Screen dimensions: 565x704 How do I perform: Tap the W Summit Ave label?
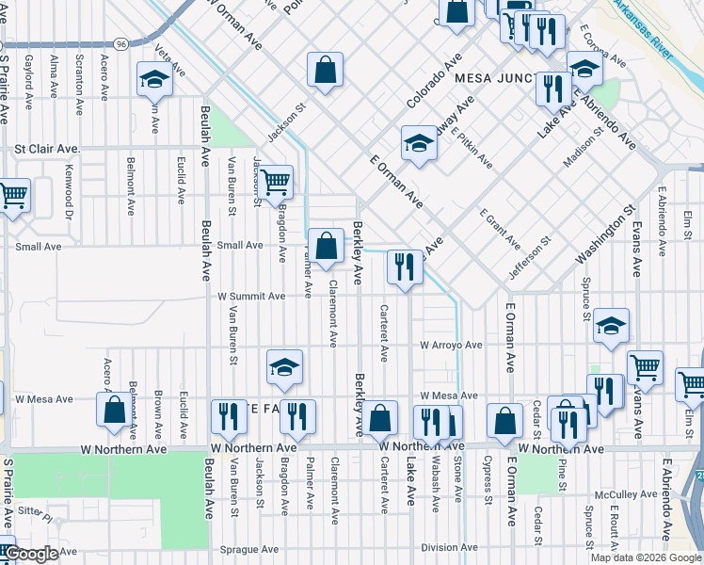coord(251,296)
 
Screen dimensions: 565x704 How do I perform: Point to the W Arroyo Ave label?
coord(451,346)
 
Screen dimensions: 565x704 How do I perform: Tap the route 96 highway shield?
coord(120,43)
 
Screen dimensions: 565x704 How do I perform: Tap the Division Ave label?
coord(450,547)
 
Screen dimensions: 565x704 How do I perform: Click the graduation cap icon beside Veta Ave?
coord(153,80)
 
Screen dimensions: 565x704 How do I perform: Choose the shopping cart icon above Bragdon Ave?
coord(274,181)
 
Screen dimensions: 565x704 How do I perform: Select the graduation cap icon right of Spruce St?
coord(611,326)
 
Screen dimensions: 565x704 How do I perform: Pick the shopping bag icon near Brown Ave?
coord(114,411)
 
